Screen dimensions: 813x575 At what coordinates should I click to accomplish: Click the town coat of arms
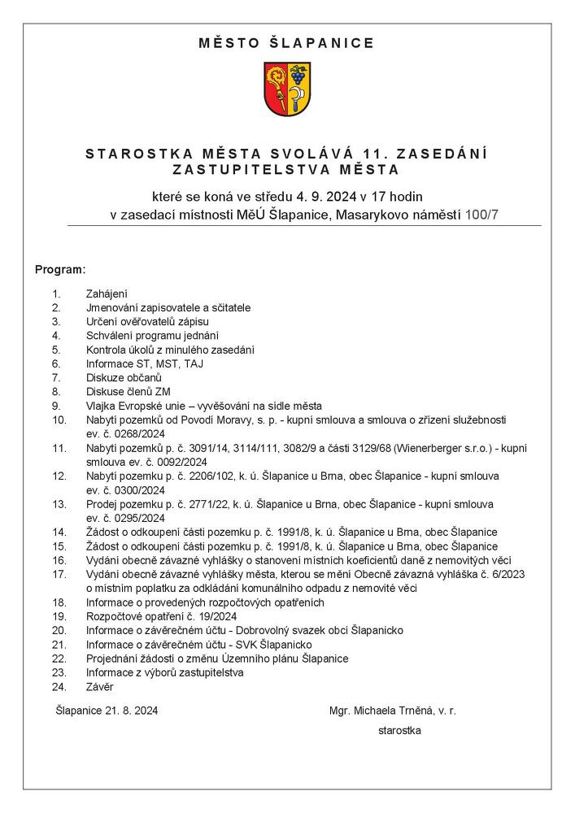[286, 90]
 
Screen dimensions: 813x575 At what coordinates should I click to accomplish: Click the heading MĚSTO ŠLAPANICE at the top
[286, 43]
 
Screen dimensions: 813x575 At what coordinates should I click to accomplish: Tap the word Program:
[60, 268]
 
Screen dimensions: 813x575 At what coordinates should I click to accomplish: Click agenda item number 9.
[56, 406]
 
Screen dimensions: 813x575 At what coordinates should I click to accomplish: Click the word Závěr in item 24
[100, 687]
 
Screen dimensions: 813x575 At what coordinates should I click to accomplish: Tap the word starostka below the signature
[399, 731]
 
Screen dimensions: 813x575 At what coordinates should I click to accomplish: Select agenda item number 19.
[59, 616]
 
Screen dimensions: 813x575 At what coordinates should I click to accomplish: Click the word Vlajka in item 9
[101, 406]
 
